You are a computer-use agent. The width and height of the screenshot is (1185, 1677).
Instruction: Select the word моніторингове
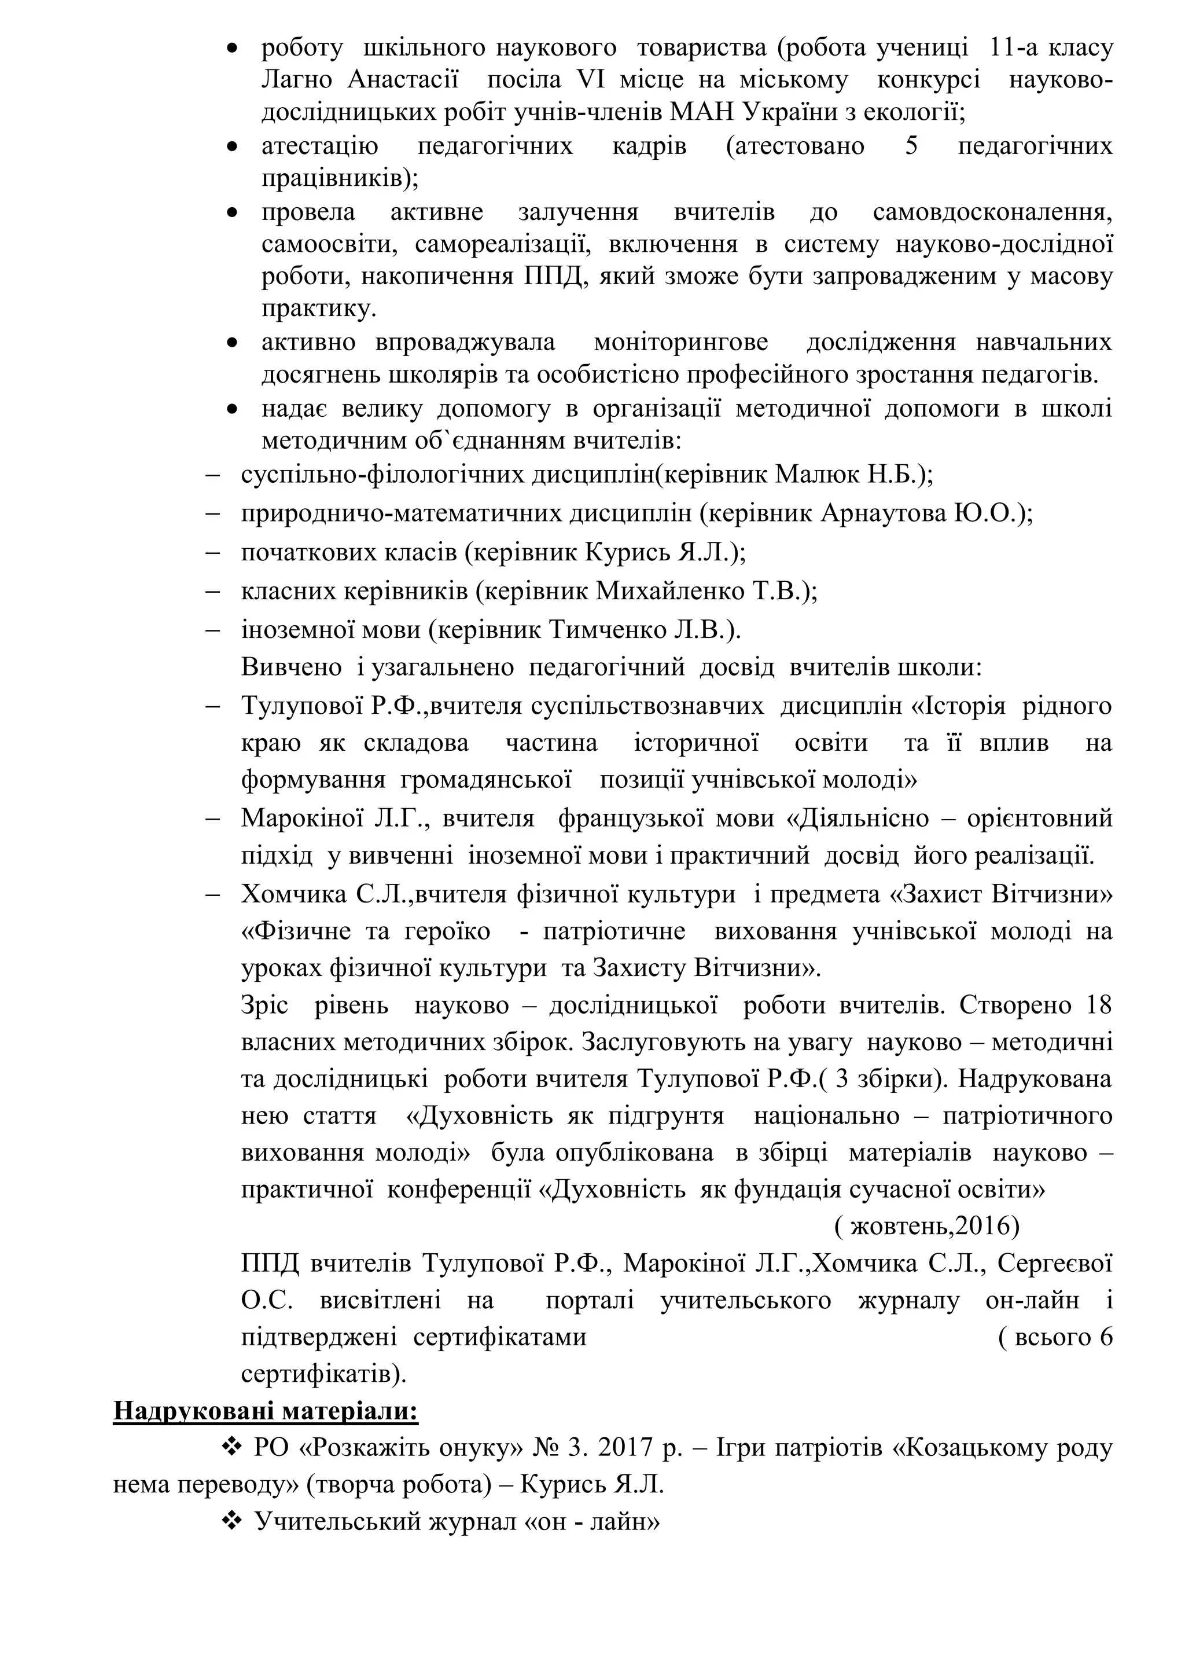click(x=680, y=342)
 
